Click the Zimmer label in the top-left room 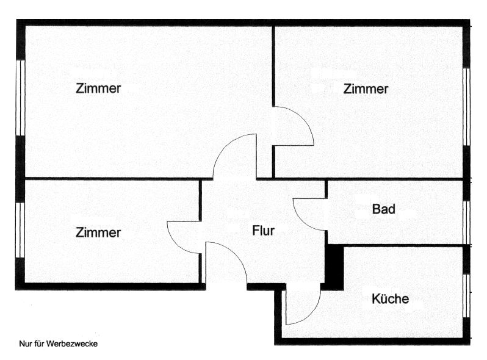click(98, 88)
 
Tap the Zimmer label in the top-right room click(366, 89)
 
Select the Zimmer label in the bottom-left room click(98, 232)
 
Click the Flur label click(264, 231)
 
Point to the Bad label click(384, 209)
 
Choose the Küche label click(390, 299)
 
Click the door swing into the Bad click(308, 214)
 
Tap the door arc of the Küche click(303, 306)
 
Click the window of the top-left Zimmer click(21, 98)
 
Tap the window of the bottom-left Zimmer click(21, 230)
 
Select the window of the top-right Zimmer click(466, 107)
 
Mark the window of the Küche click(466, 295)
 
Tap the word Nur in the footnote click(25, 344)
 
